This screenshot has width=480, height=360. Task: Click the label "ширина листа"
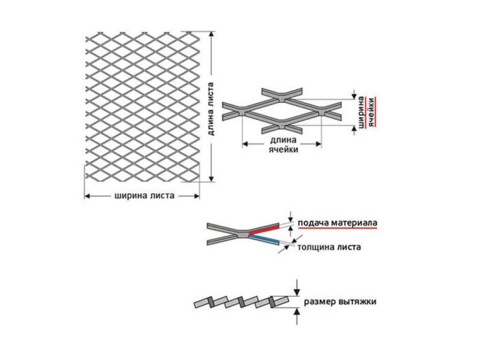click(144, 195)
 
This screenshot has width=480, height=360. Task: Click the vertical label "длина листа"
click(210, 109)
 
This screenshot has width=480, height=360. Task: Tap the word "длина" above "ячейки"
click(283, 140)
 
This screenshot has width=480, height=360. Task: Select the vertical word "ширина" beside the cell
click(361, 112)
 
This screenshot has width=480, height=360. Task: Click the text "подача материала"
click(337, 223)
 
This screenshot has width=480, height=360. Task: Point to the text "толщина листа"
click(329, 247)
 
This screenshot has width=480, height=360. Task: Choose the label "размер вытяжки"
click(340, 301)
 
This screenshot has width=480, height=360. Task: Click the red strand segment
click(263, 229)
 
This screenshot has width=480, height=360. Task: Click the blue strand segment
click(263, 240)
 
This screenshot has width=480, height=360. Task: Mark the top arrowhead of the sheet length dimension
click(211, 34)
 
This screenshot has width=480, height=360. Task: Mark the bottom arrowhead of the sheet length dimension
click(211, 179)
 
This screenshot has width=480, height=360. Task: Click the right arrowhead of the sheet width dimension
click(196, 196)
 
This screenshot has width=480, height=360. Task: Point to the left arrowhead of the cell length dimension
click(245, 143)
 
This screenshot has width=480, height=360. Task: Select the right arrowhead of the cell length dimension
click(318, 143)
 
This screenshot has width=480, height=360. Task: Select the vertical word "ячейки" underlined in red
click(371, 112)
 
